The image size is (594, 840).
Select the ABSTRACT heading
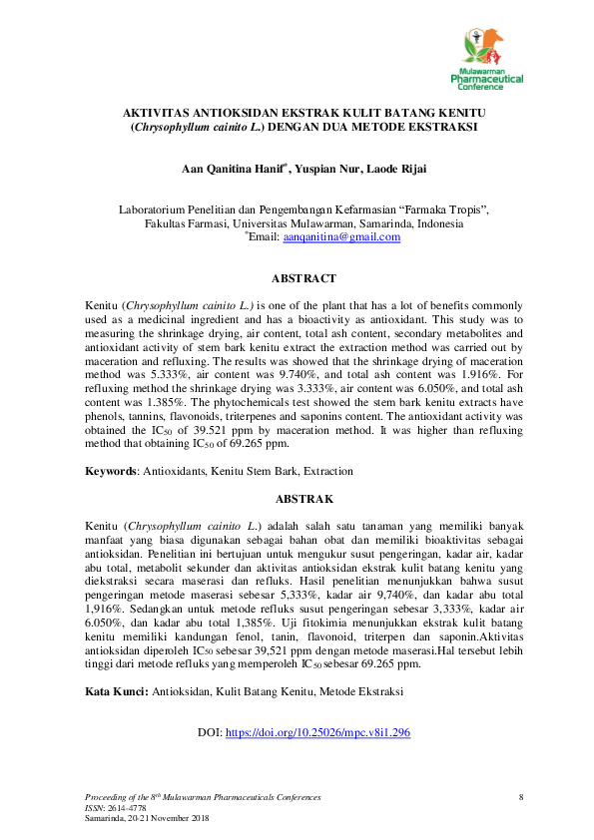pos(303,278)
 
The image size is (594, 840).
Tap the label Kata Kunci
pos(116,688)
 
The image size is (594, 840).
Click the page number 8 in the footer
pos(520,797)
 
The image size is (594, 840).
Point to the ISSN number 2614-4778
pos(119,807)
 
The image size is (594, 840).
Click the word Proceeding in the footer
pos(110,797)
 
